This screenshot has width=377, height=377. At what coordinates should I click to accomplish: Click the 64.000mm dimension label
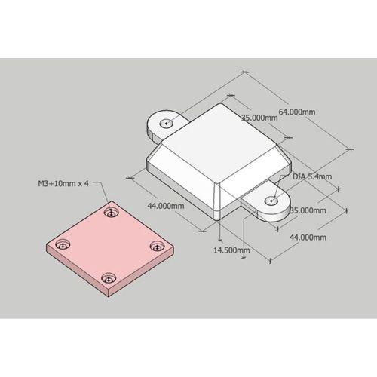click(297, 112)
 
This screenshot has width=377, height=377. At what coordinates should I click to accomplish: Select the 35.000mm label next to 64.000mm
click(259, 118)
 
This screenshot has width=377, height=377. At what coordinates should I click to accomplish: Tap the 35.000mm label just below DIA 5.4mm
click(308, 210)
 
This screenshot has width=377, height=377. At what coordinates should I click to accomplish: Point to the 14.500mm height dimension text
click(231, 250)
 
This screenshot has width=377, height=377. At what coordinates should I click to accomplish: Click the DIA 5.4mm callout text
click(312, 176)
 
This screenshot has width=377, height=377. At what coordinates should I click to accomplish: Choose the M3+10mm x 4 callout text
click(63, 183)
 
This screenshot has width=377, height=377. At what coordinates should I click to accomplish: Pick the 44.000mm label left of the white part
click(166, 206)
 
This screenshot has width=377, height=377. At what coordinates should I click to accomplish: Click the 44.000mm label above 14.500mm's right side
click(308, 238)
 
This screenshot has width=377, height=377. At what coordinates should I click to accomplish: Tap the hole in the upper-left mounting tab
click(167, 124)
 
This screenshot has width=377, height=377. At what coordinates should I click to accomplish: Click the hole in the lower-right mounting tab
click(271, 201)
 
